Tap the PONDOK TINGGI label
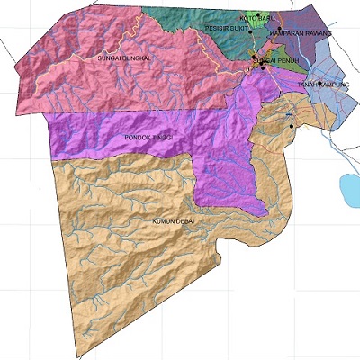tap(147, 137)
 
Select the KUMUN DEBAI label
tap(174, 220)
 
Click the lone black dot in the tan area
tap(292, 126)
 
